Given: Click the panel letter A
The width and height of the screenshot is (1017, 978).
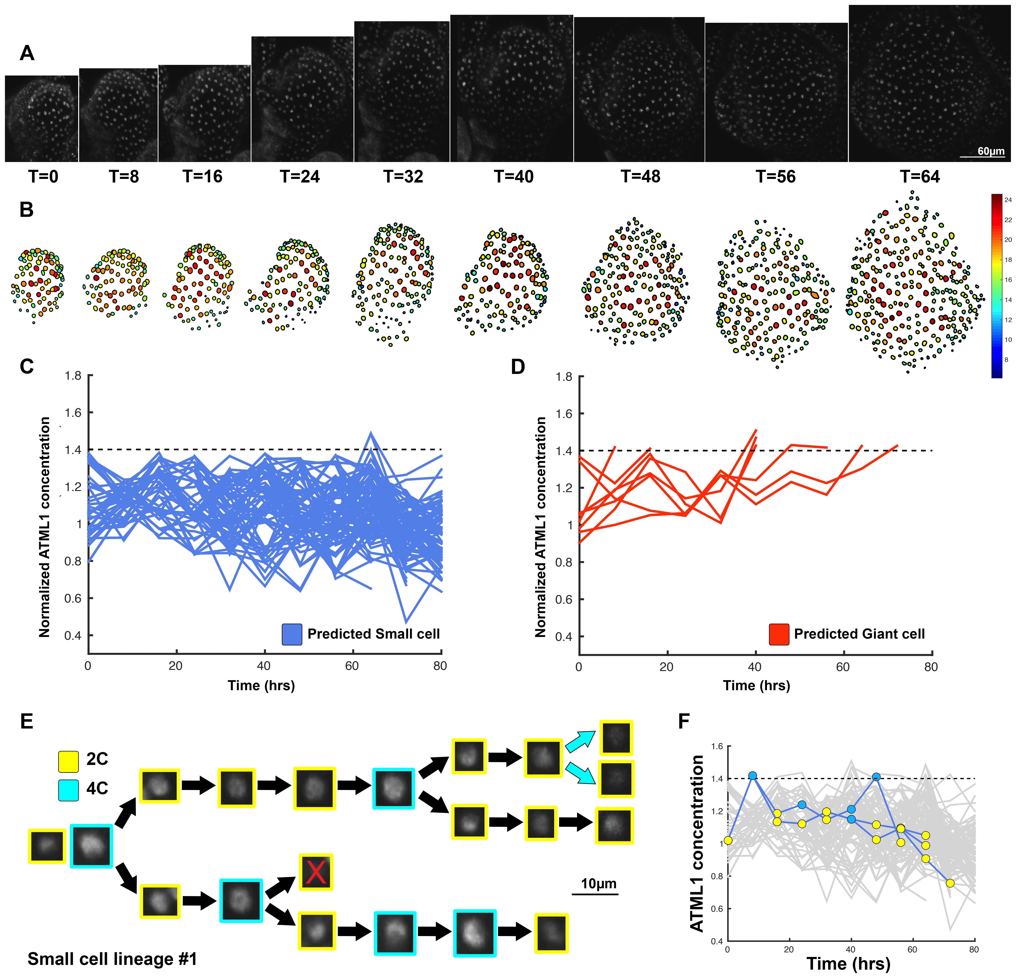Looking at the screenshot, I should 27,53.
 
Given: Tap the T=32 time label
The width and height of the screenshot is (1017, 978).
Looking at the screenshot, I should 403,177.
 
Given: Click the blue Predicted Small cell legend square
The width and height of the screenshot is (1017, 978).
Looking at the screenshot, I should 292,634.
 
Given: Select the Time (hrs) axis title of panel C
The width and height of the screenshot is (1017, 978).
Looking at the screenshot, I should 261,685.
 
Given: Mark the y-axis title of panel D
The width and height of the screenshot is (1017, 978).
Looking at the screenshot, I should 541,527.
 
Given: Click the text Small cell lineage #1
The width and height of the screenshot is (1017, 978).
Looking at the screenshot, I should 112,959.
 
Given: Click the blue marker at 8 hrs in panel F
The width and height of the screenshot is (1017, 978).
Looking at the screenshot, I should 752,776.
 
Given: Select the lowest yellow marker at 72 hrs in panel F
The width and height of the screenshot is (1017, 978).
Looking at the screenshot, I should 950,883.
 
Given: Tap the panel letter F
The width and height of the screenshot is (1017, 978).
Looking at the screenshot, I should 684,721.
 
